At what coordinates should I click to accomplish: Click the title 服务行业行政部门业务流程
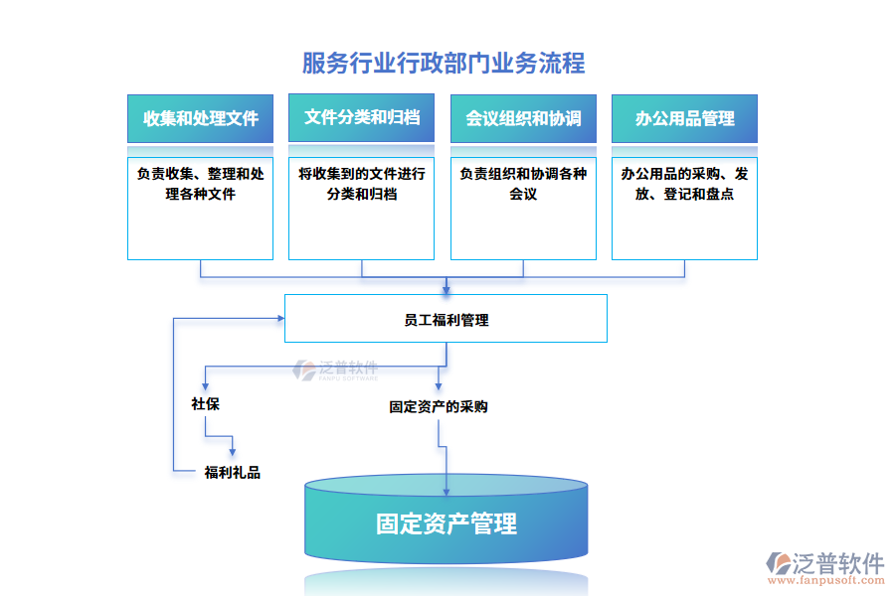444,64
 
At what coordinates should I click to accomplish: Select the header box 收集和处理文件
200,118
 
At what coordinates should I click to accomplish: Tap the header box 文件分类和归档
361,118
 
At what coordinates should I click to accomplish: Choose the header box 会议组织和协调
523,118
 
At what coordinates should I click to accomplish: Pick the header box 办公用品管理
684,118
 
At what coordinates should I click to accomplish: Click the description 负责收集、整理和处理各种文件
200,184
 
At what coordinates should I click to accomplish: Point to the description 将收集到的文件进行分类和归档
361,184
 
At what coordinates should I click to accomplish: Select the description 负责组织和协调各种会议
523,184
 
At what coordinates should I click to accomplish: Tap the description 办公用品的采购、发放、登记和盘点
684,184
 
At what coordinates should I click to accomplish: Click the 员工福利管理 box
446,320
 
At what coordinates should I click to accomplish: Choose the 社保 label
205,404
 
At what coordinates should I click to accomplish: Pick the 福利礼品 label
233,472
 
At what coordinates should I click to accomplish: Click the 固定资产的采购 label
438,406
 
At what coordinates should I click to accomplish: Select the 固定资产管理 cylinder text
446,523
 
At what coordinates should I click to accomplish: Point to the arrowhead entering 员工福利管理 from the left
279,319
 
